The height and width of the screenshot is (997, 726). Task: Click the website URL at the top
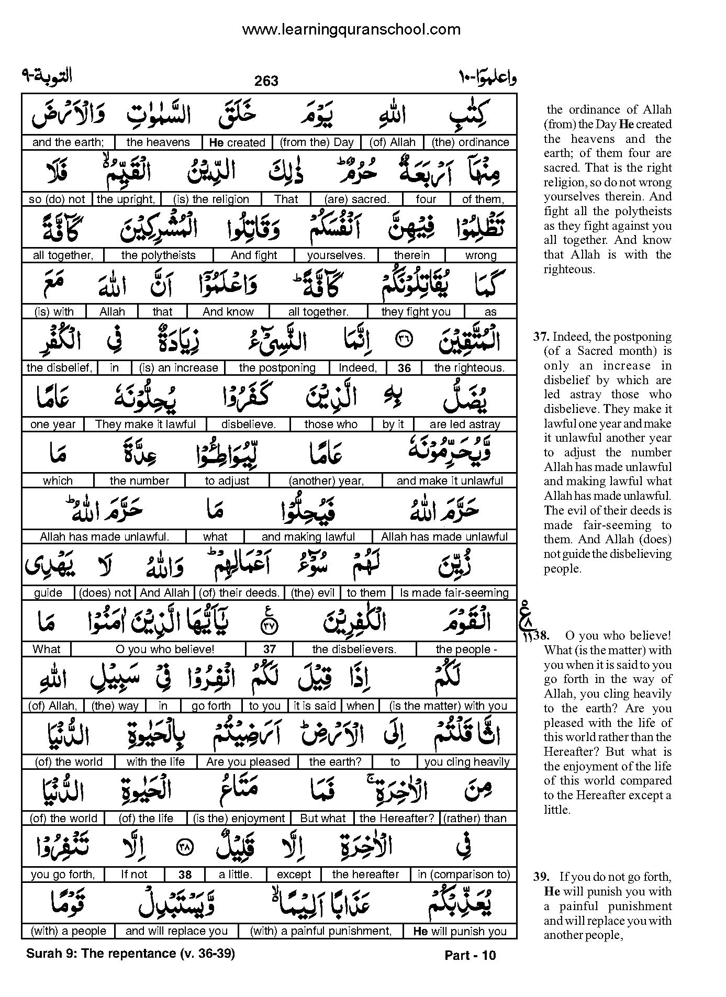(x=351, y=29)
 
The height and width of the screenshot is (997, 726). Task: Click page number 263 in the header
(x=266, y=81)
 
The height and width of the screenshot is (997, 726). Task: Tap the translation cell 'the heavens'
(x=158, y=142)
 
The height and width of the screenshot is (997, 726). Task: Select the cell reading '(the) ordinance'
(x=470, y=142)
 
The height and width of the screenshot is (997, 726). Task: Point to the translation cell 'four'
(x=426, y=199)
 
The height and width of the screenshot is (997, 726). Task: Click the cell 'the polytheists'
(x=158, y=255)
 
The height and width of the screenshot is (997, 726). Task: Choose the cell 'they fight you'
(x=416, y=312)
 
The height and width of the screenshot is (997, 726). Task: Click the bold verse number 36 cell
(x=404, y=368)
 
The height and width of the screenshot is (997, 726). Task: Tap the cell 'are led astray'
(x=465, y=424)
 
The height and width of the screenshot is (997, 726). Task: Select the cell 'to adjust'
(x=227, y=480)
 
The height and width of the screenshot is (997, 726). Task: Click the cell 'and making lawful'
(x=308, y=537)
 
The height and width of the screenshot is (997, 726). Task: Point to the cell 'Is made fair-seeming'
(x=454, y=593)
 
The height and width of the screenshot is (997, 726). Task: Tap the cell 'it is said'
(x=315, y=705)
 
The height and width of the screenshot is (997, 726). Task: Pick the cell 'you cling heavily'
(x=467, y=762)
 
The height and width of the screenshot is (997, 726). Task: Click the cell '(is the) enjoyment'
(x=239, y=818)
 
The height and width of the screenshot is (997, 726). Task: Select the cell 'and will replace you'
(x=176, y=931)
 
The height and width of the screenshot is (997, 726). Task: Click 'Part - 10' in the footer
(x=470, y=956)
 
